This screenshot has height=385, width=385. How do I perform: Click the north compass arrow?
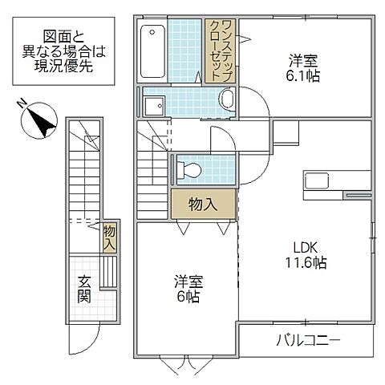(x=38, y=121)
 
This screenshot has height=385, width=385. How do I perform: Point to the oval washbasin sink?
(x=226, y=100)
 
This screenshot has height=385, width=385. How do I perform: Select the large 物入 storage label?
(x=204, y=203)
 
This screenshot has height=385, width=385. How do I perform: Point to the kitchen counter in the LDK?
(x=321, y=183)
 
